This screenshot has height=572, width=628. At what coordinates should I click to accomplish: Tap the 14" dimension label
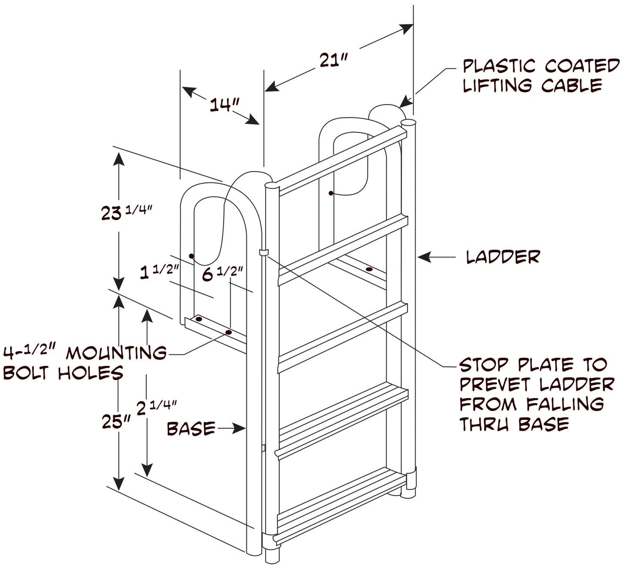point(224,105)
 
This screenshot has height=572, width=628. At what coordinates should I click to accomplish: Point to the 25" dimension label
point(116,421)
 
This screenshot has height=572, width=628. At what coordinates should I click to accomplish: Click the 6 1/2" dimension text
point(222,274)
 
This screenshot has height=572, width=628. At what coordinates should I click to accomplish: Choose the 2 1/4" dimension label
point(156,408)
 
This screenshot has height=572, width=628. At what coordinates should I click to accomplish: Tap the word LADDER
point(503,257)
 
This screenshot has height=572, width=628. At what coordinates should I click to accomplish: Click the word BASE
point(191,428)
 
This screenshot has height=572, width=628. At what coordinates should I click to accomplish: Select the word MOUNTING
point(116,353)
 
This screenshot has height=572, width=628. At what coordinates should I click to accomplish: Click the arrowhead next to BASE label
point(239,428)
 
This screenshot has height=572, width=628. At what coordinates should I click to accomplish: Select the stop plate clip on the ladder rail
point(264,252)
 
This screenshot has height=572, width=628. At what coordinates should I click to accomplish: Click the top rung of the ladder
point(342,161)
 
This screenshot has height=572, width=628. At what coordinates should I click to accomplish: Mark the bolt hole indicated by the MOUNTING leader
point(229,332)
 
